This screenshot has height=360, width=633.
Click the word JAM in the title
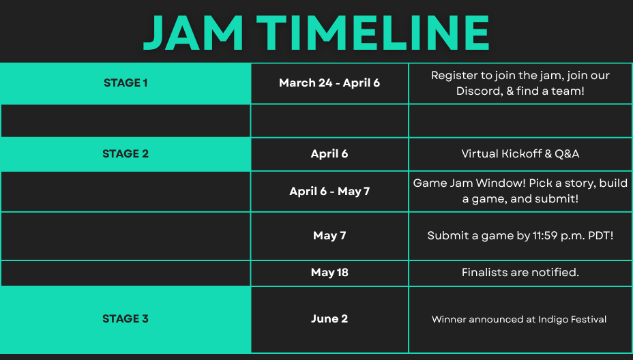(x=193, y=33)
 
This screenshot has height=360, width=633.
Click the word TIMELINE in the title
(x=373, y=33)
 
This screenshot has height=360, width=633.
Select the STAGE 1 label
(x=126, y=82)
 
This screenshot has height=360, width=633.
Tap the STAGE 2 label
(x=126, y=154)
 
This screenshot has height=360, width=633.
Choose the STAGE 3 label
(x=126, y=319)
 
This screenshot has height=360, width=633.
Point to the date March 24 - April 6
(x=329, y=83)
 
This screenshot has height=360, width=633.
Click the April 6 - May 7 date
(x=329, y=192)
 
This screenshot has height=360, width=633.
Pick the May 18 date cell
(x=329, y=273)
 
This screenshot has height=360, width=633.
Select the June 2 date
(x=329, y=319)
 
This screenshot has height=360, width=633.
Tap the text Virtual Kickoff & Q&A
(x=520, y=154)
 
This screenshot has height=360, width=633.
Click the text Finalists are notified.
(x=520, y=273)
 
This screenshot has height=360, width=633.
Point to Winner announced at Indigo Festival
(x=519, y=319)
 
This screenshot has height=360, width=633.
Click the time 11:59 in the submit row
(x=545, y=236)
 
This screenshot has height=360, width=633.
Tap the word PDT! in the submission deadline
(x=601, y=236)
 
